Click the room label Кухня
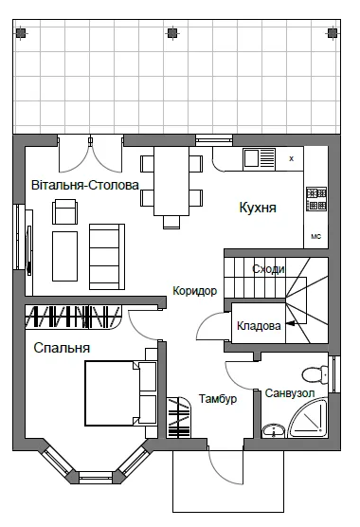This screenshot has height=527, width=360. pos(258,208)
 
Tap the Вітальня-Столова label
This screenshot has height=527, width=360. pos(85,185)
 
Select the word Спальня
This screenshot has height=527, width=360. pos(62,348)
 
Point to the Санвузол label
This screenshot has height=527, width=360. pos(290,393)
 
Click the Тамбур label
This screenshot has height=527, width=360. pos(218,399)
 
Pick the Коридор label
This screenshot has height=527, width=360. pos(195,291)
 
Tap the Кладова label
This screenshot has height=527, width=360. pos(259,326)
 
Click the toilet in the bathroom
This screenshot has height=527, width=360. pos(315,374)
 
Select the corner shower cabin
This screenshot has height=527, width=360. pos(308,418)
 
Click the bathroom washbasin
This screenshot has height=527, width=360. pos(274,430)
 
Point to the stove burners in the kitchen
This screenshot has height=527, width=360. pos(316,199)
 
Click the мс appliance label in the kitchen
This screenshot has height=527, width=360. pos(316,236)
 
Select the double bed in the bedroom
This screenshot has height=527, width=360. pos(121,393)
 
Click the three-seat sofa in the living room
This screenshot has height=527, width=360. pos(107,257)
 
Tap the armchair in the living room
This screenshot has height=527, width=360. pos(64,211)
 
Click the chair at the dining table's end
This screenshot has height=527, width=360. pos(171,222)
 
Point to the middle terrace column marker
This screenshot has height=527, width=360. pos(171,33)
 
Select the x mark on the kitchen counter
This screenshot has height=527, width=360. pos(291,158)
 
